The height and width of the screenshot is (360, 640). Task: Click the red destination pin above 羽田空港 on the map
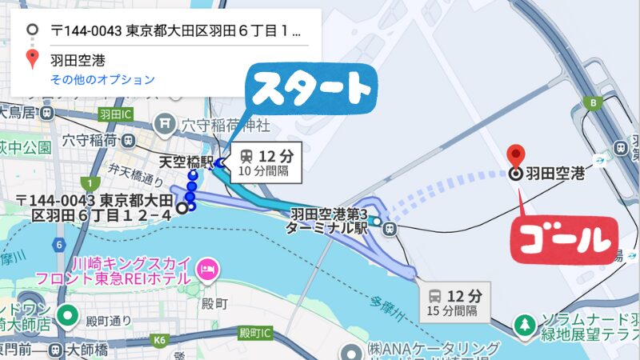517,154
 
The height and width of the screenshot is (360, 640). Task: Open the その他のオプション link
102,80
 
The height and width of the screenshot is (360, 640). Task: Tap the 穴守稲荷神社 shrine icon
167,124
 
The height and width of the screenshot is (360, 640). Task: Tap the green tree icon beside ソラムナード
524,325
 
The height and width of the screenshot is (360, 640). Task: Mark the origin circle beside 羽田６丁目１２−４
182,208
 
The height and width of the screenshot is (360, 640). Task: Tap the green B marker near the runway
593,102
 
